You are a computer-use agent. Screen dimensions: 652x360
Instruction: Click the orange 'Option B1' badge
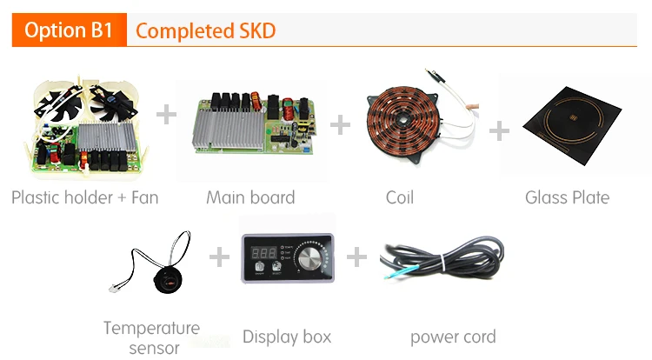click(x=69, y=31)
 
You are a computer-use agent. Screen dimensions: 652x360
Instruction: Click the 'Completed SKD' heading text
click(x=205, y=31)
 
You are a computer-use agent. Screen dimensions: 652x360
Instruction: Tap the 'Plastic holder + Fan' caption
click(x=85, y=197)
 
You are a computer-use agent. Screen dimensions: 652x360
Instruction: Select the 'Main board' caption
click(x=250, y=197)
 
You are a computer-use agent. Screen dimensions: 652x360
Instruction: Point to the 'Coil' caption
click(x=400, y=197)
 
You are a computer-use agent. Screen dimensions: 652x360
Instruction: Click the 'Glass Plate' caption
click(x=567, y=197)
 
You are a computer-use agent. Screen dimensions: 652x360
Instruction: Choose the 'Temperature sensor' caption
click(x=151, y=337)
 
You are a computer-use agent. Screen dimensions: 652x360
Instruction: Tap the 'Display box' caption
click(x=287, y=337)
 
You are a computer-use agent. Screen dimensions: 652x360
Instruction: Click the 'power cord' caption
click(x=453, y=337)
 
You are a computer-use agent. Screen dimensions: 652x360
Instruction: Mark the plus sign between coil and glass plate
click(x=499, y=130)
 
